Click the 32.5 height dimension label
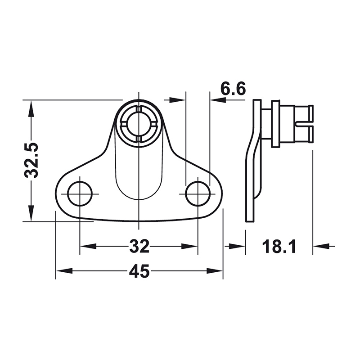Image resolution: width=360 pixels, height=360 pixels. [x=31, y=161]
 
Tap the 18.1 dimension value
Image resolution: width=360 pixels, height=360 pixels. [x=279, y=246]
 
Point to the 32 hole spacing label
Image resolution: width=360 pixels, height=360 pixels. [x=139, y=246]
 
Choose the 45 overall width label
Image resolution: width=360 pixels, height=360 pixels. [x=139, y=271]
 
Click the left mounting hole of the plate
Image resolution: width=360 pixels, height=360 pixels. [x=80, y=194]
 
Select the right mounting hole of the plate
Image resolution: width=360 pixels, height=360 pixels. [x=198, y=194]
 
